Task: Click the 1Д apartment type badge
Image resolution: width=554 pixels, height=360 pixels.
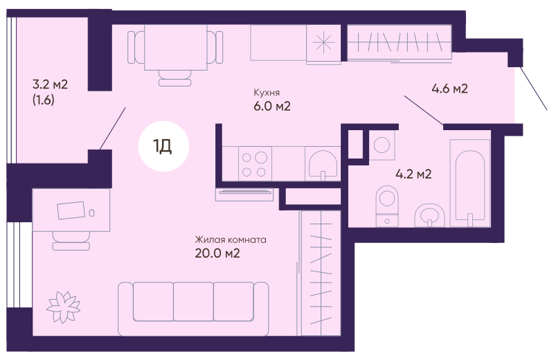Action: click(x=163, y=146)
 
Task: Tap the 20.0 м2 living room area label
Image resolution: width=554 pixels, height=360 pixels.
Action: click(x=217, y=253)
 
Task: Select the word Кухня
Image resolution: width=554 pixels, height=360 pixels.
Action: click(x=267, y=93)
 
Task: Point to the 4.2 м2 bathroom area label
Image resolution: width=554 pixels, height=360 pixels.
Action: click(x=413, y=174)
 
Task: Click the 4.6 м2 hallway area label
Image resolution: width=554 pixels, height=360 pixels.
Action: click(x=449, y=89)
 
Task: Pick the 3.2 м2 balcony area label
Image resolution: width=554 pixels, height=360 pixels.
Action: click(x=50, y=84)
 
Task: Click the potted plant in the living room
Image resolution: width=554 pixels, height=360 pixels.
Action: click(x=63, y=307)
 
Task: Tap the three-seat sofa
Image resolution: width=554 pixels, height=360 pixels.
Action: click(x=193, y=308)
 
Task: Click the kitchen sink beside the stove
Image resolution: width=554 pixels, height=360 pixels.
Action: click(x=323, y=164)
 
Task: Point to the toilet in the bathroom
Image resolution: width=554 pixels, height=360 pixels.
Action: click(x=387, y=206)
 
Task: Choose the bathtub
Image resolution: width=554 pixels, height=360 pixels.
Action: click(x=470, y=183)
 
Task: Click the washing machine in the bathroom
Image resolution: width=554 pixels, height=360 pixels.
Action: click(x=382, y=145)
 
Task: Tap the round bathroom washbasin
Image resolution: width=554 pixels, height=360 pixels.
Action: click(x=429, y=215)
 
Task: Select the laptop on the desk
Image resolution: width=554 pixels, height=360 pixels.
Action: click(x=71, y=210)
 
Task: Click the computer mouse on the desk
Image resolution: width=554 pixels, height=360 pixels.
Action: click(x=92, y=213)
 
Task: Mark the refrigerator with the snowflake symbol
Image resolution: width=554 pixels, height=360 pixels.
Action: click(x=323, y=44)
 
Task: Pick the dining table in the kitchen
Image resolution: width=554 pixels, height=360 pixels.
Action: click(x=176, y=47)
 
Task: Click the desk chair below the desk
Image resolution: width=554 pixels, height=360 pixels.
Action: click(x=71, y=241)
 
